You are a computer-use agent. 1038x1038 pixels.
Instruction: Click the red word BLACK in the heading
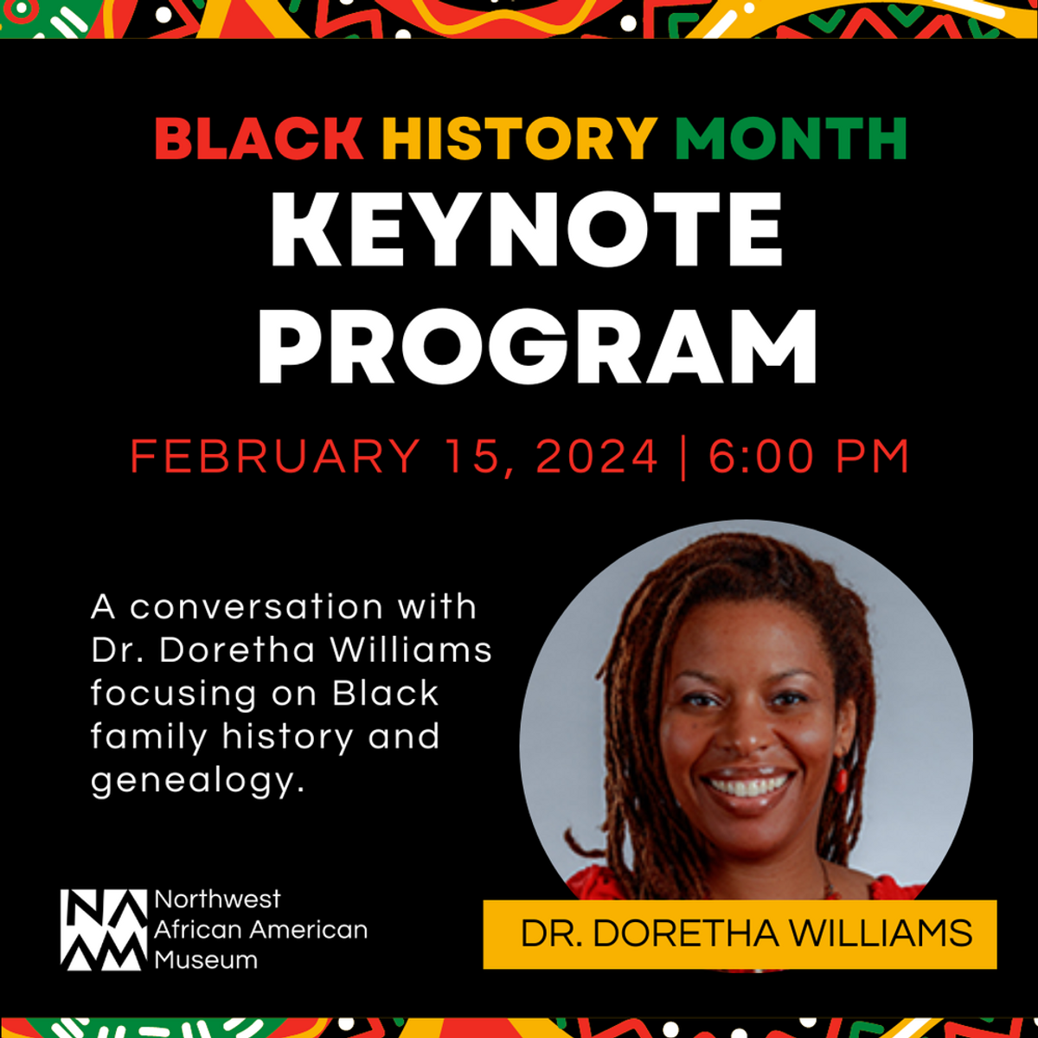(259, 138)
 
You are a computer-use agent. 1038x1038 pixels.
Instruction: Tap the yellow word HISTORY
(519, 138)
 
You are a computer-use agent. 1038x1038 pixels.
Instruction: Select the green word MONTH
(791, 138)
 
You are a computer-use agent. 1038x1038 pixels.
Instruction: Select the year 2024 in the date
(598, 456)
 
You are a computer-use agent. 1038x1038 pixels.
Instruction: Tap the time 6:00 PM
(809, 456)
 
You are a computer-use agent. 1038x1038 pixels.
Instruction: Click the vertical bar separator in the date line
(684, 456)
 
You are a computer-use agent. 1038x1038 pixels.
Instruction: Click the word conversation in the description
(256, 606)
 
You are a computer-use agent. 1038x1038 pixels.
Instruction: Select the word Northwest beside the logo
(217, 900)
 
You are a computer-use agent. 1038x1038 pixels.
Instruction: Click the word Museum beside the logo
(206, 959)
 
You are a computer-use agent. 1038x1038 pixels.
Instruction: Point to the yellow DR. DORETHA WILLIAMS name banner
(740, 934)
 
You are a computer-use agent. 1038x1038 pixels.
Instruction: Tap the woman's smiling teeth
(746, 785)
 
